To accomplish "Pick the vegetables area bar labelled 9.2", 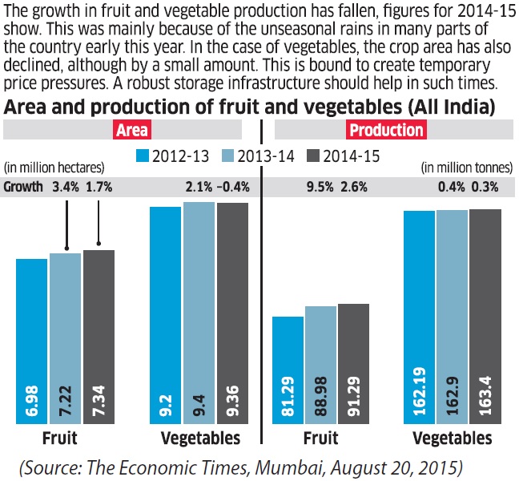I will (166, 316).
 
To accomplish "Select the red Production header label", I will (386, 130).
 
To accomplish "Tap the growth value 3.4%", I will (66, 187).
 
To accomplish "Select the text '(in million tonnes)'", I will (465, 168).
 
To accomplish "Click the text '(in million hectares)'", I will (54, 168).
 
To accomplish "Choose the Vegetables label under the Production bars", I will (453, 439).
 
